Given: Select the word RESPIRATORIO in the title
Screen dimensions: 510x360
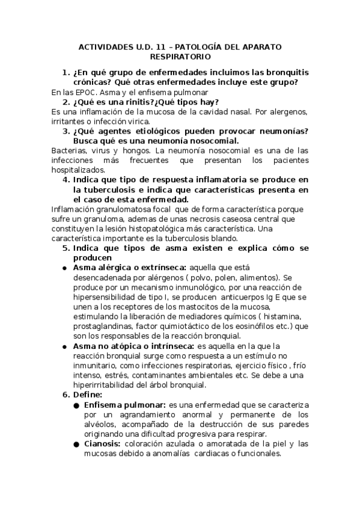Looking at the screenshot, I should (x=180, y=57).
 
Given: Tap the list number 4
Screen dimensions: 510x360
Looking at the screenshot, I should (x=66, y=180).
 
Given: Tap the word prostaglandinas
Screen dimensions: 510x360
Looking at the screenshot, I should (x=100, y=326).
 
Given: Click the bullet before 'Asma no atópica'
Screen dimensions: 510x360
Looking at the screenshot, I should (x=64, y=346).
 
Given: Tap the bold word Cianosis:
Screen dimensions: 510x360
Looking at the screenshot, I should (x=103, y=444).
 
